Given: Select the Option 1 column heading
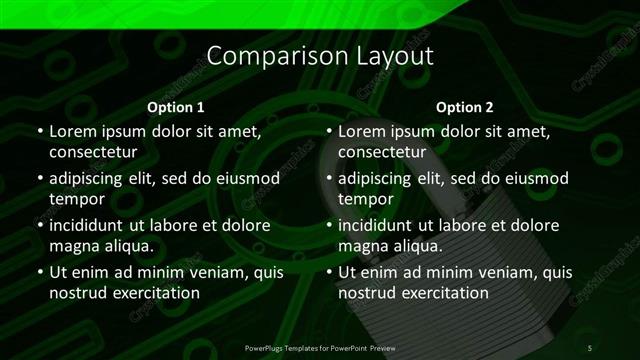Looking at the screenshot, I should (x=176, y=107).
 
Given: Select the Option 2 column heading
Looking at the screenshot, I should (x=465, y=107).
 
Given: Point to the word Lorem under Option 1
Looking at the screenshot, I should (x=72, y=131).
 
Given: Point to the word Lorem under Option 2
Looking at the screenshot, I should (x=362, y=131).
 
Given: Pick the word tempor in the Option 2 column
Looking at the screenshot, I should (x=364, y=199).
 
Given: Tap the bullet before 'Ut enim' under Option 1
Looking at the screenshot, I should (x=39, y=272).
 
